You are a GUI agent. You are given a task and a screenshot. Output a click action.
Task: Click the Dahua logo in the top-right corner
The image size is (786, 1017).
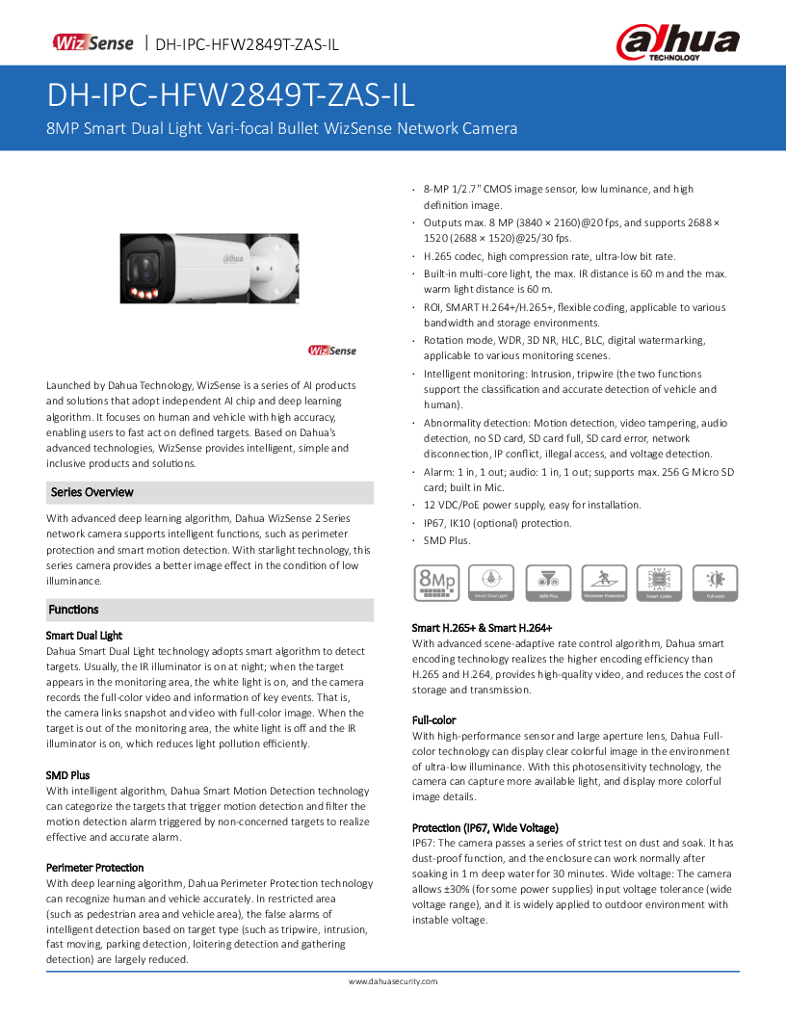678,43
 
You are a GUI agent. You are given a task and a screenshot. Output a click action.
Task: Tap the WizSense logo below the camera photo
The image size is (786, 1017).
331,351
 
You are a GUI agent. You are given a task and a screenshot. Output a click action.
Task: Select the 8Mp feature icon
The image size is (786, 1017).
435,584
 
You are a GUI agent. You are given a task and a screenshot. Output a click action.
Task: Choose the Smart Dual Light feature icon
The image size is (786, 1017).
491,584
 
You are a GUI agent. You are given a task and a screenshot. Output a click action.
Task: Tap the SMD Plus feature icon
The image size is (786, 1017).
547,584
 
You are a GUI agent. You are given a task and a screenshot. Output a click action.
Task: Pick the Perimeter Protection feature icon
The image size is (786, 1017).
604,584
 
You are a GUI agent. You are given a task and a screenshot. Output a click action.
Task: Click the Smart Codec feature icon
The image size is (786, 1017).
660,584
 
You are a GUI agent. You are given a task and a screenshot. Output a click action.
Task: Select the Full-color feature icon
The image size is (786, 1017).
716,584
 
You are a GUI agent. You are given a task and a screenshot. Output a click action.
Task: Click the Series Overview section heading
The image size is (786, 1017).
92,492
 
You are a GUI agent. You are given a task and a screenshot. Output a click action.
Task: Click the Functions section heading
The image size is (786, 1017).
74,610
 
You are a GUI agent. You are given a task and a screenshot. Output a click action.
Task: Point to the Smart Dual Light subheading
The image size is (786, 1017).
85,636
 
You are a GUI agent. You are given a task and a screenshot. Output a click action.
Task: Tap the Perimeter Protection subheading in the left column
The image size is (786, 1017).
95,868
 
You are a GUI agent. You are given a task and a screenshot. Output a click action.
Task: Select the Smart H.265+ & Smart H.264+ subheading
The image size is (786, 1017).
483,628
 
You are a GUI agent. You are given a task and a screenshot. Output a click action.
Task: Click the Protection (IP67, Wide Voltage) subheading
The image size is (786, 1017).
485,827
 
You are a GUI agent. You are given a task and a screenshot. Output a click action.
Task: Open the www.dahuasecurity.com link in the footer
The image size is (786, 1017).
393,981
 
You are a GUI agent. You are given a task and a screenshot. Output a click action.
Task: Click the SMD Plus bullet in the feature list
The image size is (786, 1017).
447,541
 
